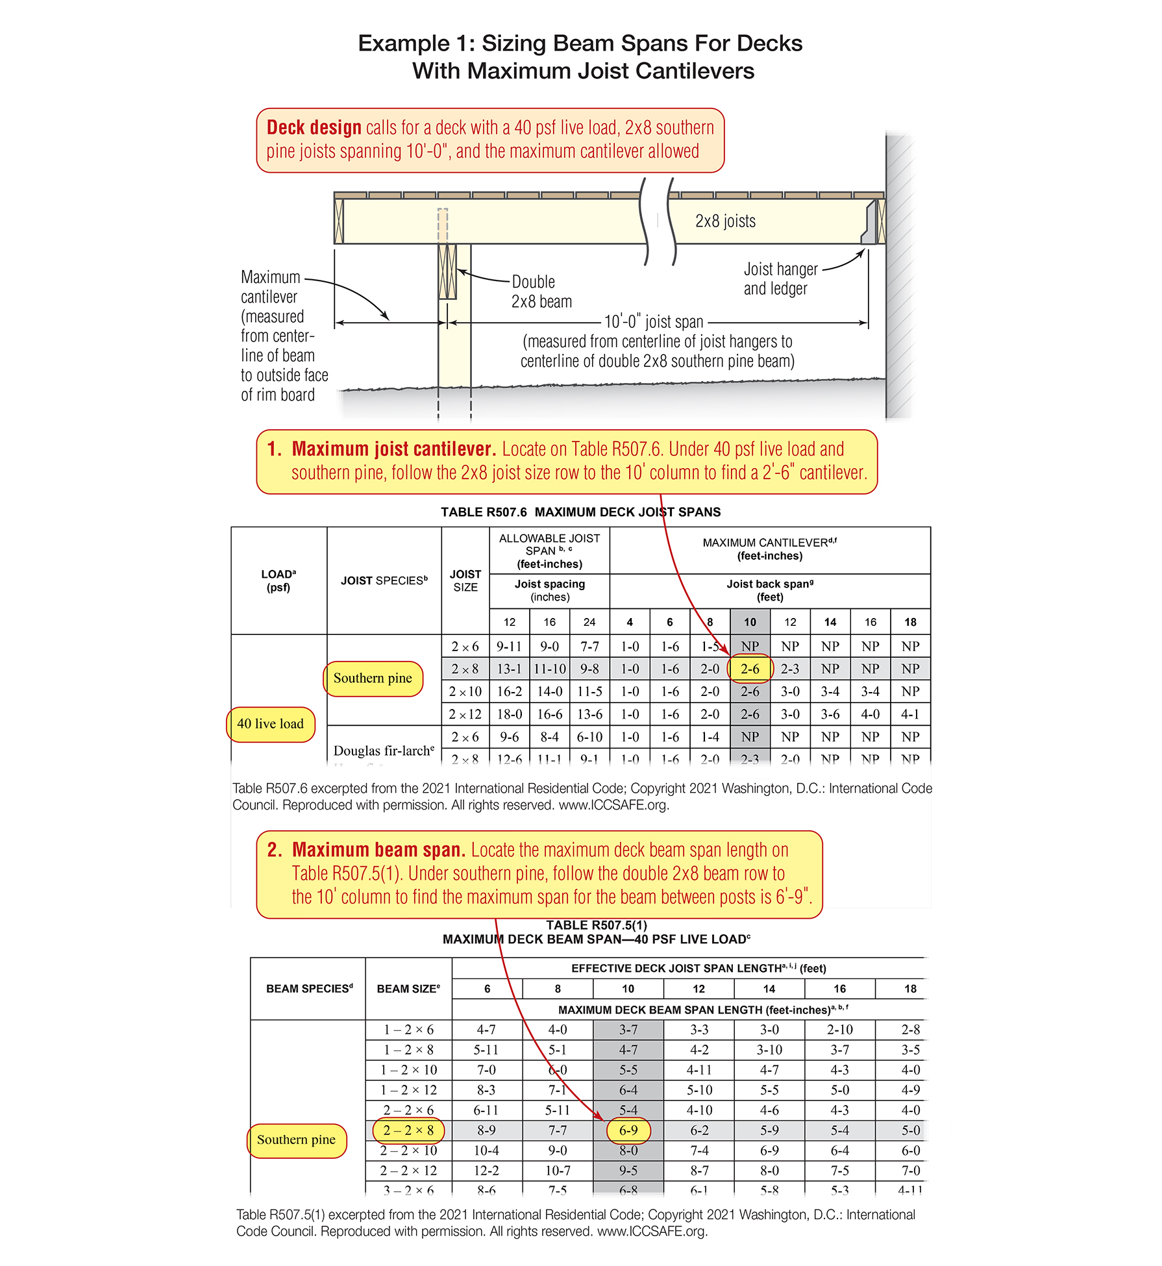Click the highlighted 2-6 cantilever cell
(750, 669)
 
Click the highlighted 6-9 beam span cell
(628, 1130)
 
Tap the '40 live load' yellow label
(270, 724)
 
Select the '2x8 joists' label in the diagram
(725, 221)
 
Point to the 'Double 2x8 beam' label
(541, 292)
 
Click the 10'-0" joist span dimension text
(653, 322)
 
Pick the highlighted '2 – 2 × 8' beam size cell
(408, 1130)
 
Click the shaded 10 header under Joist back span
(750, 622)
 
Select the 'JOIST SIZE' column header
(465, 580)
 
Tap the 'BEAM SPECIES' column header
(309, 988)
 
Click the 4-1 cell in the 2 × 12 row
(910, 714)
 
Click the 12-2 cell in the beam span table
(486, 1171)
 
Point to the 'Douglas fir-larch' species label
(383, 751)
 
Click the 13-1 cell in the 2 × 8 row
(509, 669)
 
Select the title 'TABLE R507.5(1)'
(596, 925)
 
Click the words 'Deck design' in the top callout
(314, 127)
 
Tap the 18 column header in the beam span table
(910, 989)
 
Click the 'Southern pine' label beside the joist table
(373, 678)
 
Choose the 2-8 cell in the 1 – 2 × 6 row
(910, 1030)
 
